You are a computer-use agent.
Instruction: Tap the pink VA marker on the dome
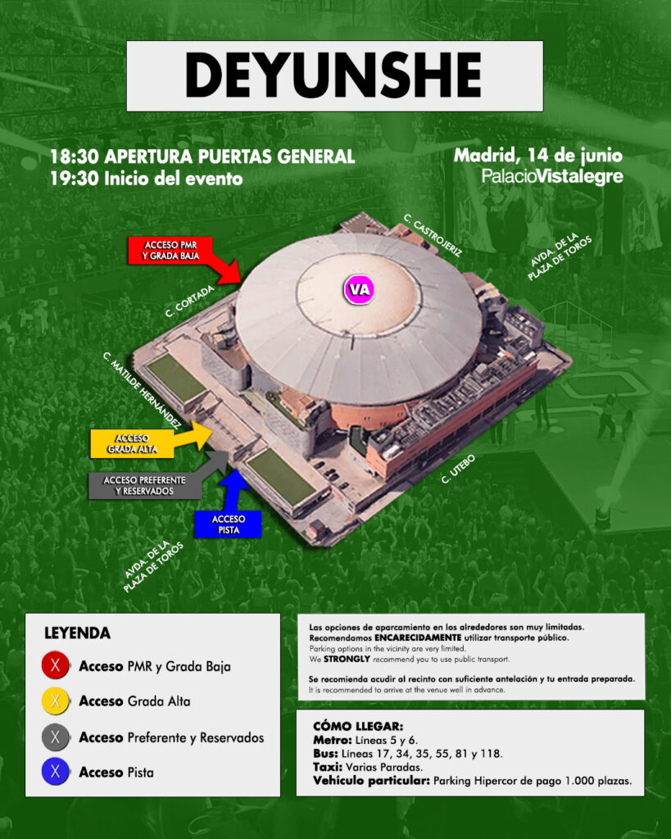click(x=359, y=290)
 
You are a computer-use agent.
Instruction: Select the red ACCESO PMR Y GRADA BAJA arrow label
click(x=170, y=251)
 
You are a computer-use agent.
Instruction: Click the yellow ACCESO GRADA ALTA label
click(x=132, y=443)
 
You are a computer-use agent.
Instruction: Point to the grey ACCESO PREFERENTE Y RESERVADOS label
click(x=144, y=485)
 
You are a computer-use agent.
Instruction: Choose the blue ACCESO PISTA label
click(x=229, y=524)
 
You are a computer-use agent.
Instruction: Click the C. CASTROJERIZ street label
click(x=433, y=235)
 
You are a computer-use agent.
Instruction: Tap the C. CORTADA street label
click(x=189, y=302)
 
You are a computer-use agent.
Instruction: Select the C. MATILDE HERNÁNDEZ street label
click(x=141, y=390)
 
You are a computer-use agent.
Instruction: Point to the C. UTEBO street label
click(x=458, y=469)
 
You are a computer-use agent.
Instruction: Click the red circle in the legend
click(x=55, y=665)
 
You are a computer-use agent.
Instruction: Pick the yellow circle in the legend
click(x=55, y=701)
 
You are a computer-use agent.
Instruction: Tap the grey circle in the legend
click(x=55, y=737)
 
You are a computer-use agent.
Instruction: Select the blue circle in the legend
click(x=55, y=772)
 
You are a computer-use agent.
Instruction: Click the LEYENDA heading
click(x=78, y=633)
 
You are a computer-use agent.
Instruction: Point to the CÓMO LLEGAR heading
click(x=358, y=726)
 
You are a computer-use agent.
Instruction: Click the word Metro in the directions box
click(x=333, y=740)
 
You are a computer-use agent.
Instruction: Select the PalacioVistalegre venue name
click(x=552, y=176)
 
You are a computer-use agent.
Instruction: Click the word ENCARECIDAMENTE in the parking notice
click(x=418, y=637)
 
